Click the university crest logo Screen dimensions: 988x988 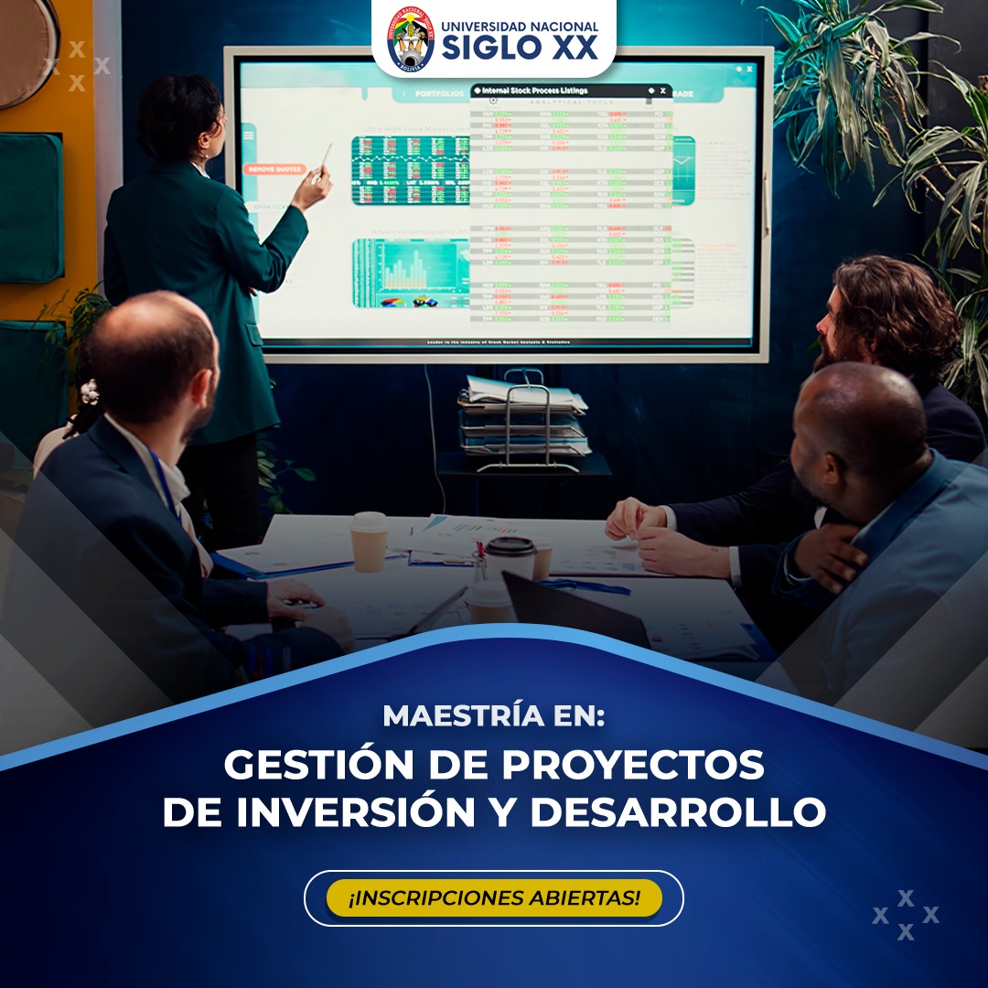tap(411, 38)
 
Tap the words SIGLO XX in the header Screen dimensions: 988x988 tap(520, 48)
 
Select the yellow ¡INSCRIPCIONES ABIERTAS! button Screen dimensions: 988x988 tap(494, 897)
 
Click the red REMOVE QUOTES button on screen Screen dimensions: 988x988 tap(275, 169)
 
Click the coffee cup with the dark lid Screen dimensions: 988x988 tap(510, 559)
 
